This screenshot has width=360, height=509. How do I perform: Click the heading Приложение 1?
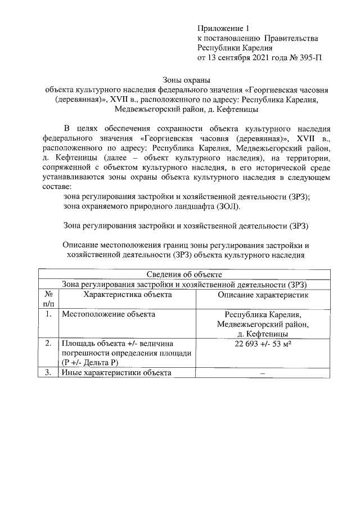pyautogui.click(x=223, y=28)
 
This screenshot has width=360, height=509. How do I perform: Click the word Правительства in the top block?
pyautogui.click(x=292, y=38)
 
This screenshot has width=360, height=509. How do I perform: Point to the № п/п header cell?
pyautogui.click(x=49, y=299)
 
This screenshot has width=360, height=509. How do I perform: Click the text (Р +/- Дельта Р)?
pyautogui.click(x=89, y=362)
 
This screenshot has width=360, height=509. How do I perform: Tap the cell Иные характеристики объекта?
pyautogui.click(x=116, y=373)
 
